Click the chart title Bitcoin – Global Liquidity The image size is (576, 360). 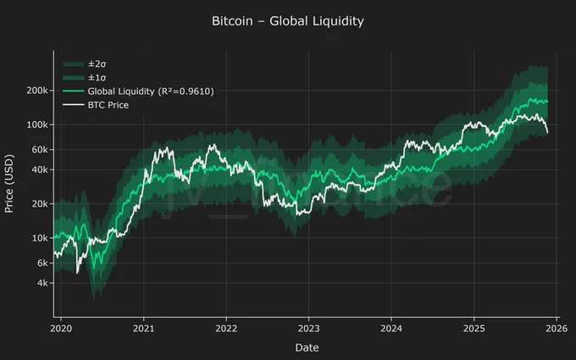(288, 20)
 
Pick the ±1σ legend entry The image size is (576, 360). (95, 77)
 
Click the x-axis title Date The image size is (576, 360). (307, 347)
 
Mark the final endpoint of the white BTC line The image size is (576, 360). (547, 132)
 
